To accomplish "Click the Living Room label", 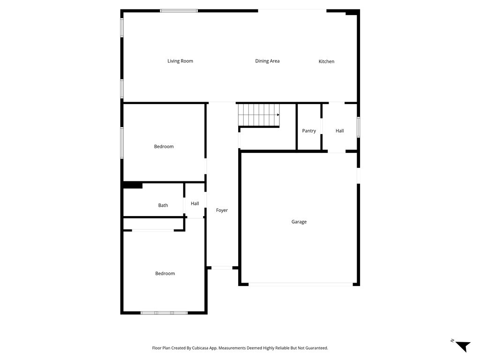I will pyautogui.click(x=180, y=61).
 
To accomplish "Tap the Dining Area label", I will pyautogui.click(x=267, y=61).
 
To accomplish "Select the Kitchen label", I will pyautogui.click(x=326, y=61).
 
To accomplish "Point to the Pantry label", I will pyautogui.click(x=309, y=131).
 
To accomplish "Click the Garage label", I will pyautogui.click(x=299, y=222).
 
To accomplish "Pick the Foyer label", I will pyautogui.click(x=222, y=210).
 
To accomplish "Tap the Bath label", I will pyautogui.click(x=163, y=205).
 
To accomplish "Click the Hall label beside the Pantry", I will pyautogui.click(x=339, y=131).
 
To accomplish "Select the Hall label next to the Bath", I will pyautogui.click(x=195, y=203).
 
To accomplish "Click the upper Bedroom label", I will pyautogui.click(x=164, y=147).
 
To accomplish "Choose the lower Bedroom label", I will pyautogui.click(x=165, y=274).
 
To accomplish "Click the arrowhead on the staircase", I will pyautogui.click(x=278, y=115).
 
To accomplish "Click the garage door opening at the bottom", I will pyautogui.click(x=300, y=284).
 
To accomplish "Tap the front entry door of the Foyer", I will pyautogui.click(x=222, y=268).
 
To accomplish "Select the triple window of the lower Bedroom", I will pyautogui.click(x=164, y=313).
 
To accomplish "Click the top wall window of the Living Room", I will pyautogui.click(x=179, y=11).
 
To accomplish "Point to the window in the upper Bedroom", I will pyautogui.click(x=122, y=142).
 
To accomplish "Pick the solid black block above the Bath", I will pyautogui.click(x=133, y=185).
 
